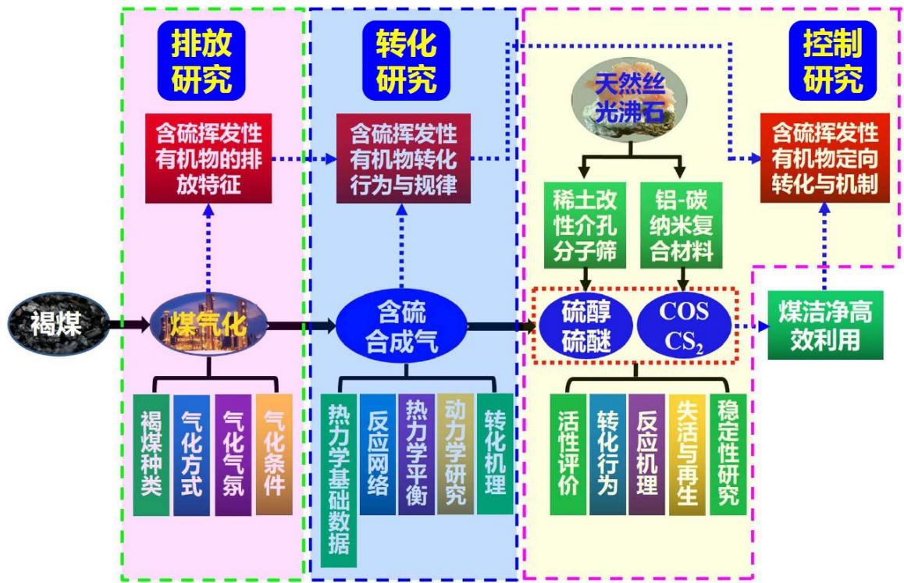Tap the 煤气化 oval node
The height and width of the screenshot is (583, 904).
(x=208, y=324)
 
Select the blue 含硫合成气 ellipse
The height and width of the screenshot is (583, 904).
(x=401, y=326)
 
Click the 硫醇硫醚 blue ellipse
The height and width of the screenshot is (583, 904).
(x=585, y=326)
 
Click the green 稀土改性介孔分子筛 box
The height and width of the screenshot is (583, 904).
(x=585, y=226)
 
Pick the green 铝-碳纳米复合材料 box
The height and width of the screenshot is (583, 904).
(x=682, y=226)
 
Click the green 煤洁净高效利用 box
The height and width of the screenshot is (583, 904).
(x=826, y=325)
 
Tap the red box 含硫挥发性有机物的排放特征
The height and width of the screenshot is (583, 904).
(x=208, y=158)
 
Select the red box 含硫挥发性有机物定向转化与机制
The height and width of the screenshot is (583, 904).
(x=825, y=158)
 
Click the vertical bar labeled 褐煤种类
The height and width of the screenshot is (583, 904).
(x=151, y=454)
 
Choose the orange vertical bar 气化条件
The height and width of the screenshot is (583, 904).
(x=274, y=454)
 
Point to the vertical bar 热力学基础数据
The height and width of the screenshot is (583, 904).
(x=339, y=480)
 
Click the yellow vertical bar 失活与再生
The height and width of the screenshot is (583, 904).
(x=687, y=454)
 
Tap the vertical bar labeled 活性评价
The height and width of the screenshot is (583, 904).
(x=568, y=454)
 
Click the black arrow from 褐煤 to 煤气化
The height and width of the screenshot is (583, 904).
(x=129, y=324)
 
